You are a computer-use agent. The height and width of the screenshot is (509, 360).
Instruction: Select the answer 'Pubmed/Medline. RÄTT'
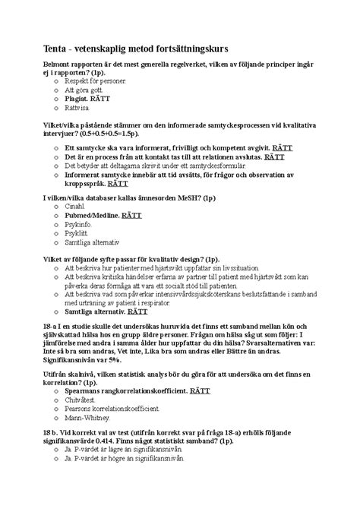[x=103, y=215]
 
